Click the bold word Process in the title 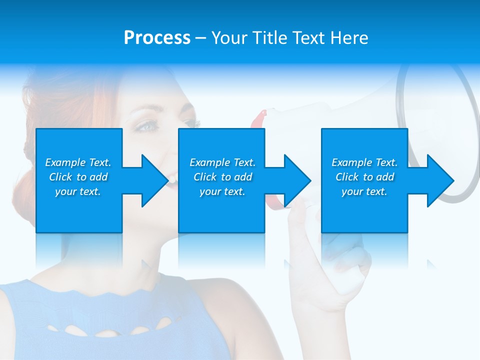pyautogui.click(x=157, y=38)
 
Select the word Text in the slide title pyautogui.click(x=310, y=38)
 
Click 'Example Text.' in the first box pyautogui.click(x=78, y=162)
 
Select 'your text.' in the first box pyautogui.click(x=78, y=191)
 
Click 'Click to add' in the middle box pyautogui.click(x=222, y=177)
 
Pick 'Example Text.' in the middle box pyautogui.click(x=222, y=162)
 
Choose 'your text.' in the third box pyautogui.click(x=364, y=191)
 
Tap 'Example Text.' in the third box pyautogui.click(x=364, y=162)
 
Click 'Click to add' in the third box pyautogui.click(x=364, y=177)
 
